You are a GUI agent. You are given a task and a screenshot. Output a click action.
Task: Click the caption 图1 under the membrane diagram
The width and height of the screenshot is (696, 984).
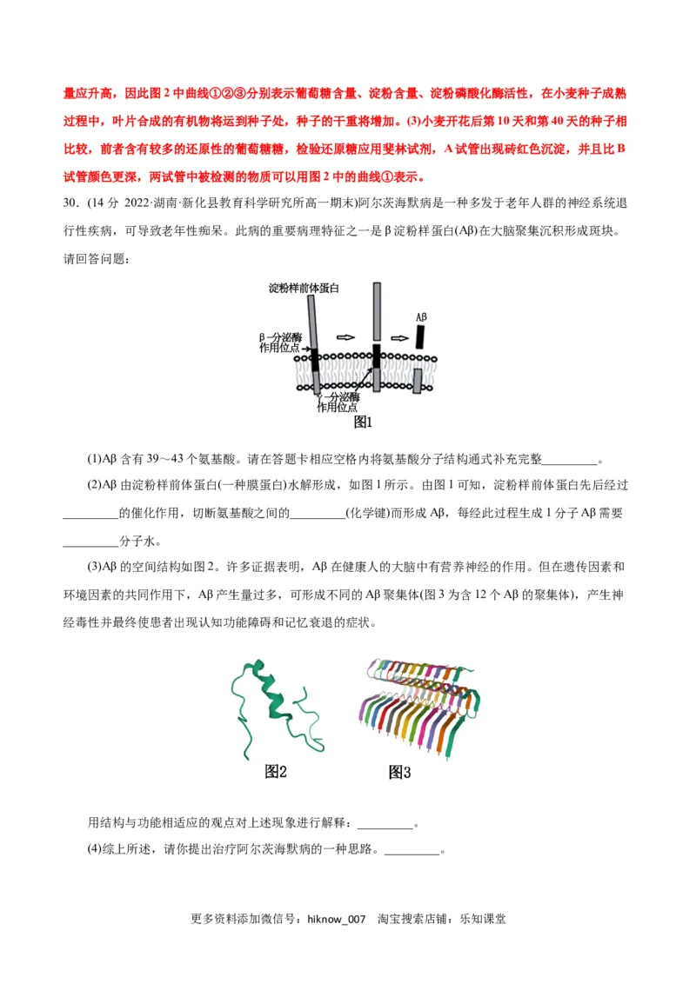tap(363, 422)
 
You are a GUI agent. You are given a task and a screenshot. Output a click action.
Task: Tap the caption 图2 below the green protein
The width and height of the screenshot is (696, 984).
tap(276, 772)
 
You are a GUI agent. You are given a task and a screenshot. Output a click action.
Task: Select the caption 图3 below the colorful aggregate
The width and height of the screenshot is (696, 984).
tap(399, 772)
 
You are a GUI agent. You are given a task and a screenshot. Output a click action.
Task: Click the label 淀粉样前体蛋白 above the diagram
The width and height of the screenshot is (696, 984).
tap(304, 288)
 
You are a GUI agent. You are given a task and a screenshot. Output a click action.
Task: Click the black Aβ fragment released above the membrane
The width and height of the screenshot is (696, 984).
tap(421, 336)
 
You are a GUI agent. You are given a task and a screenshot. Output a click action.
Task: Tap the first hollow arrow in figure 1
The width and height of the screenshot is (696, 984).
tap(346, 337)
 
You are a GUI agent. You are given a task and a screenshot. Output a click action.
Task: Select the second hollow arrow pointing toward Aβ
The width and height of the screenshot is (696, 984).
tap(399, 337)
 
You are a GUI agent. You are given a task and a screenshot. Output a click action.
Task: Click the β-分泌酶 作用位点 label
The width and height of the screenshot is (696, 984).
tap(280, 342)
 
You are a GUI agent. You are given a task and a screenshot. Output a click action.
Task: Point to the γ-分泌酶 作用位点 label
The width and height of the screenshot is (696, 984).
tap(338, 402)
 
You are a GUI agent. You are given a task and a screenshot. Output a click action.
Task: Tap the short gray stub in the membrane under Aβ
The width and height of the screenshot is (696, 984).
tap(418, 381)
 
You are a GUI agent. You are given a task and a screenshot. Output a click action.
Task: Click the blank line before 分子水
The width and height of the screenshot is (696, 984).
tap(90, 541)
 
